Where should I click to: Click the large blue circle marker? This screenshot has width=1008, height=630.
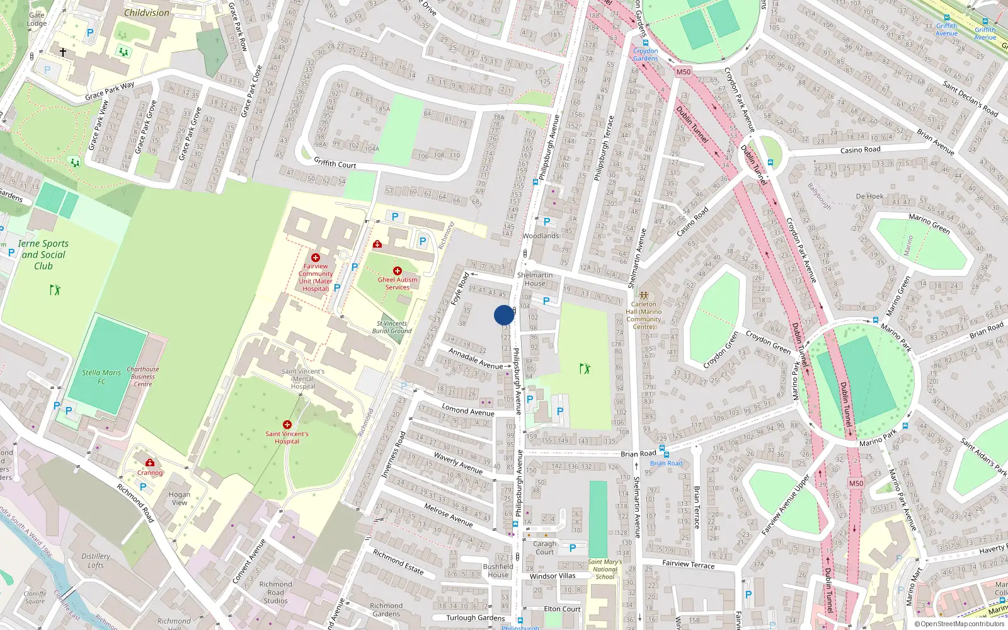[503, 315]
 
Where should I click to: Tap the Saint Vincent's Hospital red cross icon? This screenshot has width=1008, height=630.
[287, 425]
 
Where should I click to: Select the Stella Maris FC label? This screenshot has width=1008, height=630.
[101, 377]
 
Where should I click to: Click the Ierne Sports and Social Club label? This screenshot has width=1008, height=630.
[43, 255]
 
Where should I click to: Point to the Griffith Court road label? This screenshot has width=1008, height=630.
[335, 163]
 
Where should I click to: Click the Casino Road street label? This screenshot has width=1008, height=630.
[860, 150]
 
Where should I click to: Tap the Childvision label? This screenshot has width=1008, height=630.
[146, 13]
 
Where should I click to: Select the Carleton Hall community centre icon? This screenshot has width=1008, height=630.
[643, 295]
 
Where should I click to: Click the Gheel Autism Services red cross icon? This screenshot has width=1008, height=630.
[397, 271]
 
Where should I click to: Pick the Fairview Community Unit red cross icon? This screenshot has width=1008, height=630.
[316, 258]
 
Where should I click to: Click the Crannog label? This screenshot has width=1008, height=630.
[150, 472]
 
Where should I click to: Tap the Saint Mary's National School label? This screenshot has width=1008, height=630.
[605, 569]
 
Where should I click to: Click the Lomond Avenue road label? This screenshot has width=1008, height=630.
[467, 409]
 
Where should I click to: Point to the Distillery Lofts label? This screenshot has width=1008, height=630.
[96, 561]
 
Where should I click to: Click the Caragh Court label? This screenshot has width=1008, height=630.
[544, 547]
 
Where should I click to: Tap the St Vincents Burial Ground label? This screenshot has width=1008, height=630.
[391, 327]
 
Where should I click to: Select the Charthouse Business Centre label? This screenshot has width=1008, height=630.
[143, 376]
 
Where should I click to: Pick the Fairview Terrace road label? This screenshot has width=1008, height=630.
[688, 564]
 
